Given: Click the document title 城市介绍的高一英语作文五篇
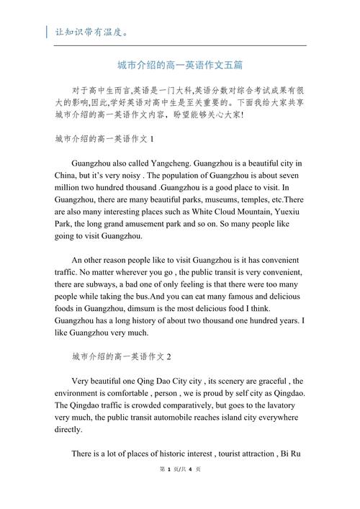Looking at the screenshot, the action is click(179, 66).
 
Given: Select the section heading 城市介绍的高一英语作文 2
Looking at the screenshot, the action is click(122, 356).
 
